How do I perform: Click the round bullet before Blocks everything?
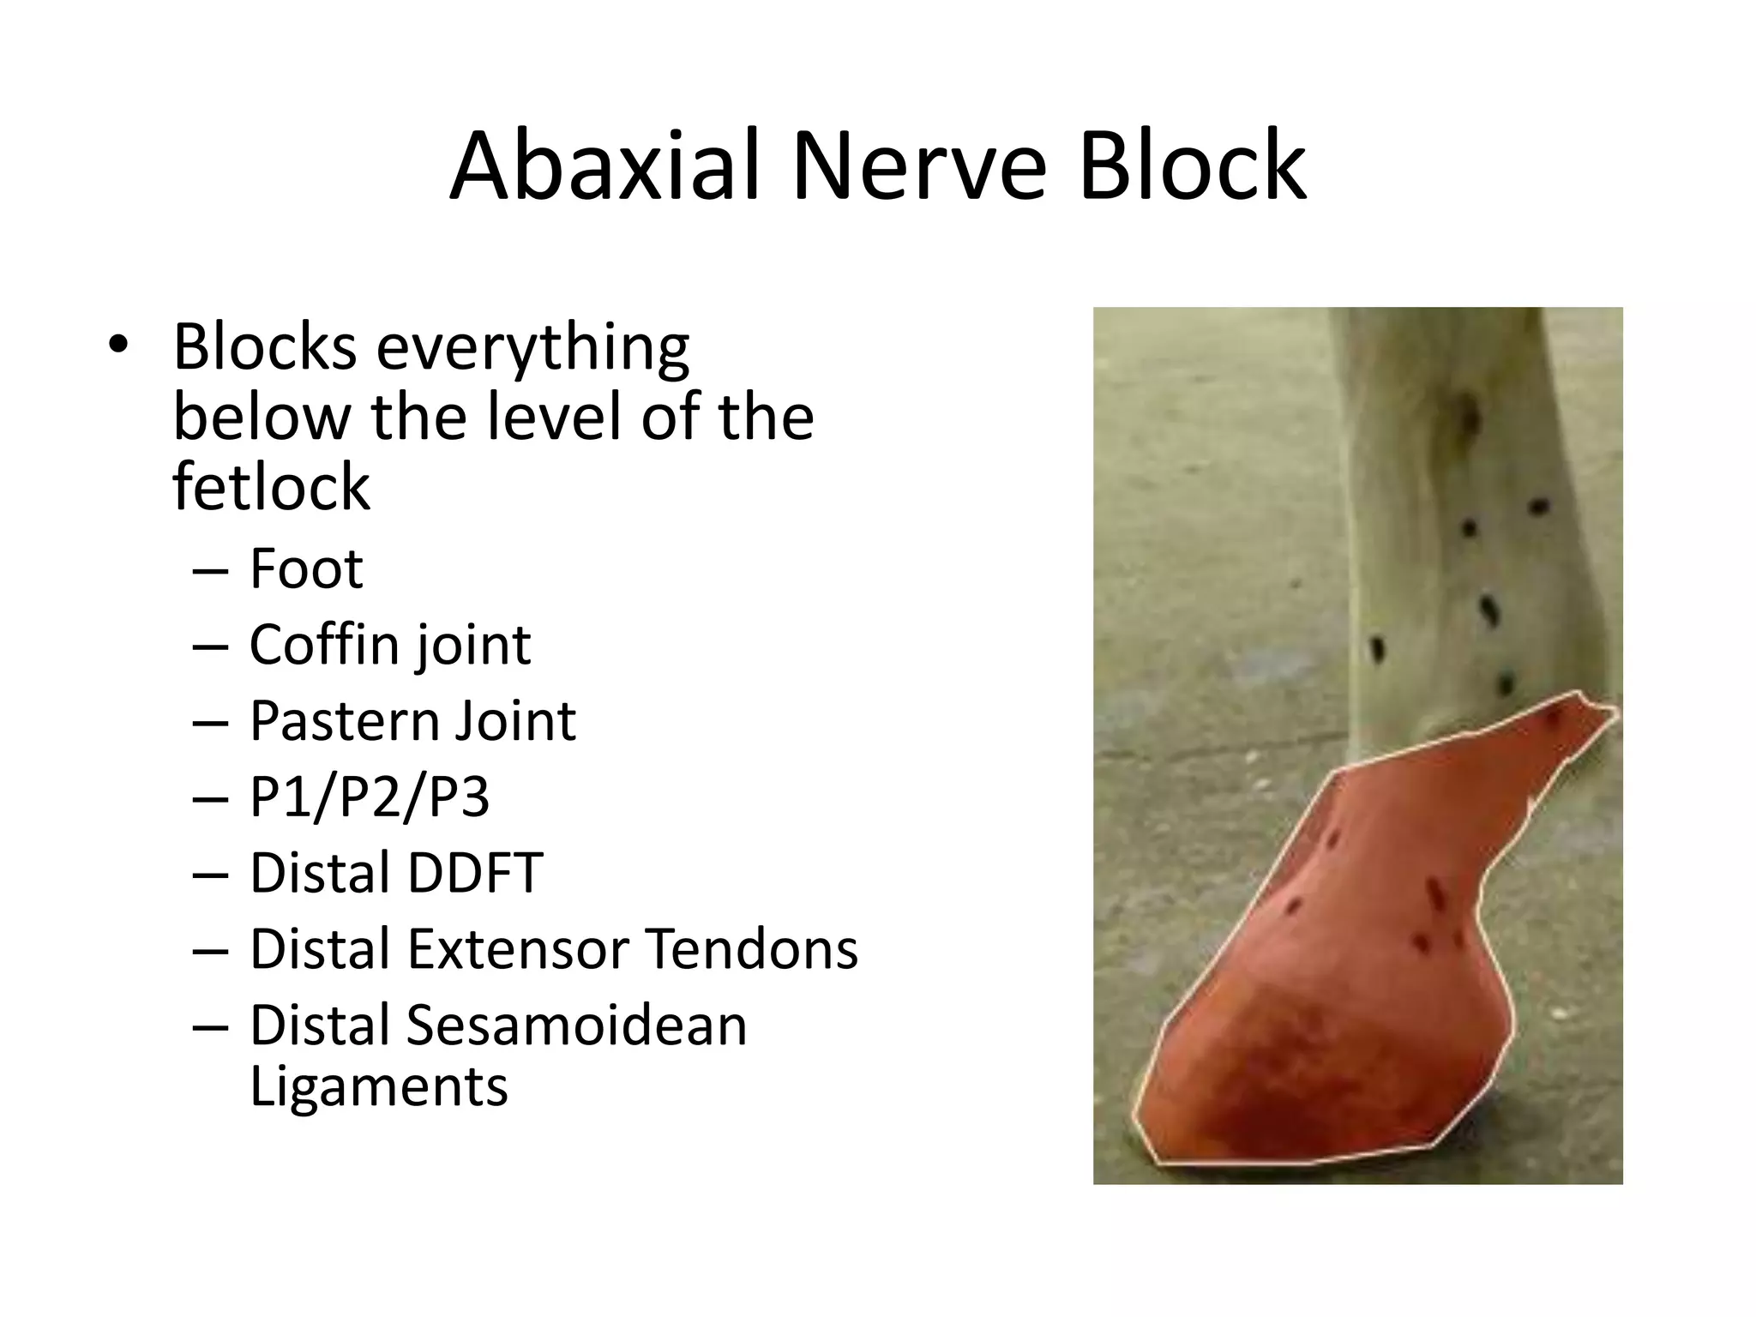[117, 345]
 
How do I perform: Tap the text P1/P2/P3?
[369, 797]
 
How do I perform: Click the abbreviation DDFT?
[474, 873]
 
